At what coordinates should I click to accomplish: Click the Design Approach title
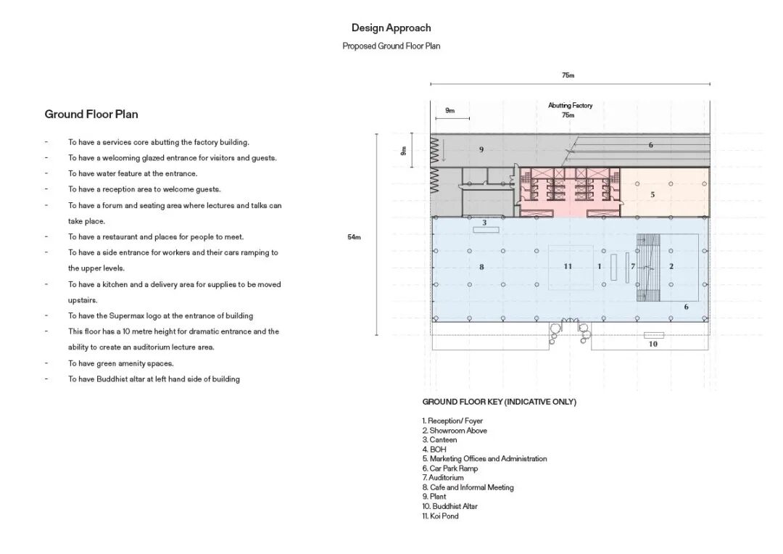click(391, 28)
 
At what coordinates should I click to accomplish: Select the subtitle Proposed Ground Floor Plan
click(391, 46)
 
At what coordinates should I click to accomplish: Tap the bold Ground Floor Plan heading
click(91, 114)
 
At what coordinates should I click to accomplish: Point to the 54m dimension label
click(354, 237)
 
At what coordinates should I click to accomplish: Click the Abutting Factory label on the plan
click(570, 105)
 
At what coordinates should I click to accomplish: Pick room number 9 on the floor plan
click(481, 149)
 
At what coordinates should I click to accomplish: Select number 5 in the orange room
click(652, 194)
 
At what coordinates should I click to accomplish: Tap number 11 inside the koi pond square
click(568, 266)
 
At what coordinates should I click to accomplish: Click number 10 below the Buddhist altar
click(653, 344)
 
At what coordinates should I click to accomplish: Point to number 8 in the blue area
click(481, 267)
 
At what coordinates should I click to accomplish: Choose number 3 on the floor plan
click(484, 222)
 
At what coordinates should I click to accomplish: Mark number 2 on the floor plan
click(671, 266)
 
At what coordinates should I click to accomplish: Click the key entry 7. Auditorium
click(443, 478)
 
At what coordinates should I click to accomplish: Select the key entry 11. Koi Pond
click(441, 516)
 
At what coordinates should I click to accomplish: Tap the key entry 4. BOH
click(434, 450)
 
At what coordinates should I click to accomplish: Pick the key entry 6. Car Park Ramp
click(450, 468)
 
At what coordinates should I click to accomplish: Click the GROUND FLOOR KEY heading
click(499, 402)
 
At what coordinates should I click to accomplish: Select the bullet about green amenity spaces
click(121, 363)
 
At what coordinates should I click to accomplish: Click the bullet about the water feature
click(133, 173)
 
